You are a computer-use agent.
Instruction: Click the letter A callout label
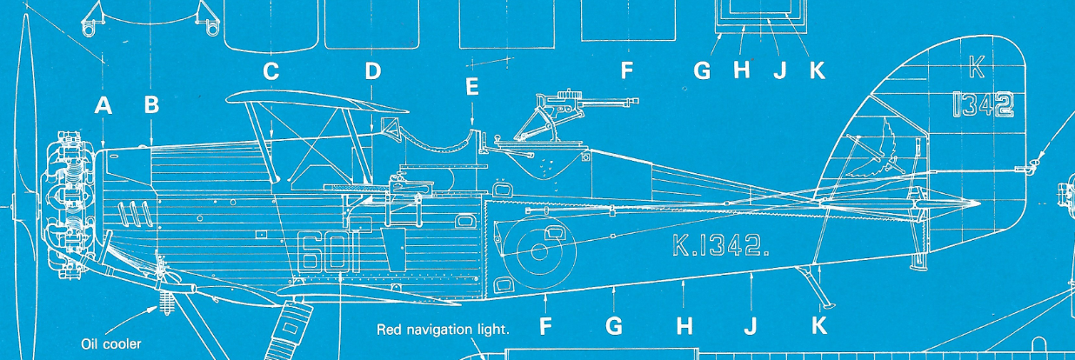[103, 106]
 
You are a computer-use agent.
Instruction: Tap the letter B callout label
[151, 105]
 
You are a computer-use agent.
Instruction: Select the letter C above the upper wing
[271, 71]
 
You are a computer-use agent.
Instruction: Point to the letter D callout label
[373, 71]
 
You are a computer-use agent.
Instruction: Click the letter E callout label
[472, 87]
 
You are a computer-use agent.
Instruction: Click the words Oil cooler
[110, 343]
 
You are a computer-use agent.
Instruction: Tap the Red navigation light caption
[443, 330]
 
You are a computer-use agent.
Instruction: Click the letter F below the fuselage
[545, 328]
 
